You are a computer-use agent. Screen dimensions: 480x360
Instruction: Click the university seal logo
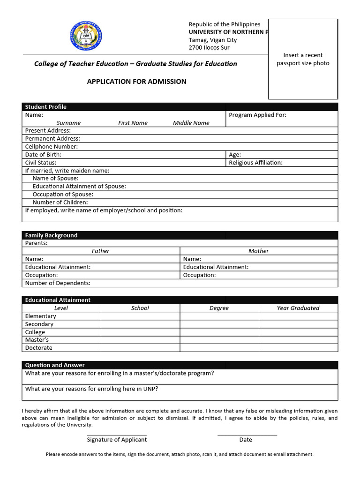click(86, 37)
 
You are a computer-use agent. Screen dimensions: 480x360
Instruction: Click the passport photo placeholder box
click(303, 59)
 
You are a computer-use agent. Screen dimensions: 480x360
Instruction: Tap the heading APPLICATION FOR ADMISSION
click(136, 82)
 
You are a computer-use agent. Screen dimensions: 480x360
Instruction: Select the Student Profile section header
click(46, 107)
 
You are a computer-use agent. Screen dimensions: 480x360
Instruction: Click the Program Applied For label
click(257, 115)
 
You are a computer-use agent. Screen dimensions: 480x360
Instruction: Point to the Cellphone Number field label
click(52, 147)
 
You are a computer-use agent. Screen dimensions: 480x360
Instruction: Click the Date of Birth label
click(43, 155)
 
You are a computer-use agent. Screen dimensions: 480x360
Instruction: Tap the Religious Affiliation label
click(255, 163)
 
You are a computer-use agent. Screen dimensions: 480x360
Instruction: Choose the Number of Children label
click(60, 202)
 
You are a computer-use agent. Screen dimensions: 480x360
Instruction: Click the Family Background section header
click(51, 235)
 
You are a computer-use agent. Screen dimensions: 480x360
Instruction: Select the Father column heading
click(100, 251)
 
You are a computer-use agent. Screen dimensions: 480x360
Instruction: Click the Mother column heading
click(259, 251)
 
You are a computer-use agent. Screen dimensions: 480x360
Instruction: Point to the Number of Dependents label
click(58, 283)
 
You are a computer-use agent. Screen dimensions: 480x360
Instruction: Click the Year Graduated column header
click(298, 308)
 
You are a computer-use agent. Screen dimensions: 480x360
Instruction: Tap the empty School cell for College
click(140, 332)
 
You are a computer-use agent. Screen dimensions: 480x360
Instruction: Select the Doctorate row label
click(39, 348)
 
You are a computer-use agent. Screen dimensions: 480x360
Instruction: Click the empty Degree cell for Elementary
click(219, 316)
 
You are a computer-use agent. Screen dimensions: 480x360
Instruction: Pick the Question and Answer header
click(55, 365)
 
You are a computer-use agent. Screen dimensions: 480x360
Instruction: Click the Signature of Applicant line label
click(117, 440)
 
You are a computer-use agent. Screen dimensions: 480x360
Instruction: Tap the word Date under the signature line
click(246, 440)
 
